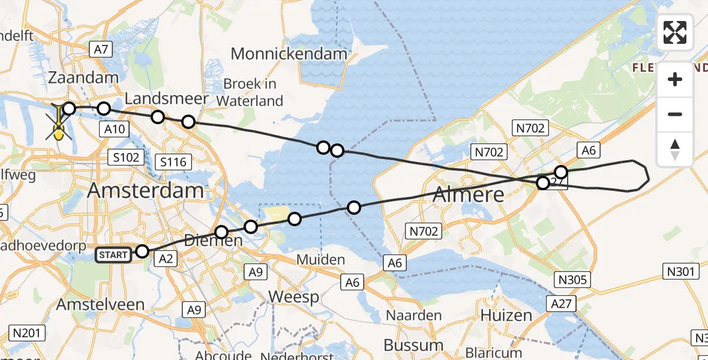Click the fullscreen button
675,32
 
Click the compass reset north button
675,149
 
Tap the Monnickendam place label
289,54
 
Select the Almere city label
468,194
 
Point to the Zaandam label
83,78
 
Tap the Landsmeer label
167,98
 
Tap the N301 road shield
682,272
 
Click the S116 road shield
173,161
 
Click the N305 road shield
574,280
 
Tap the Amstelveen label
100,304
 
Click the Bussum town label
413,345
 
